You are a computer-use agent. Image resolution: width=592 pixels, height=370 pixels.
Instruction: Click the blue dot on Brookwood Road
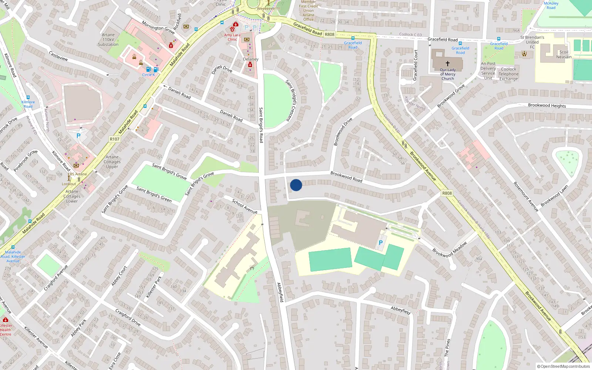(296, 185)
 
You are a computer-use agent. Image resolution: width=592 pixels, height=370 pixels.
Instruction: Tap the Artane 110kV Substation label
(108, 40)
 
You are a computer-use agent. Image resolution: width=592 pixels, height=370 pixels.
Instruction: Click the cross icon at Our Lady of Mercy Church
(448, 64)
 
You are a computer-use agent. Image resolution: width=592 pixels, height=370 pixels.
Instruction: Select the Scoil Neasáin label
(564, 54)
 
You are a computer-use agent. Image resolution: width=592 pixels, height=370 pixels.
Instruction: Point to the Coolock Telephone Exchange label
(508, 74)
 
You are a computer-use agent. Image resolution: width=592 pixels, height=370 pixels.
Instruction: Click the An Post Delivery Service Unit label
(488, 71)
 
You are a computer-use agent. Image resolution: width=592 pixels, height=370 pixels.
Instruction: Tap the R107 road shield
(115, 139)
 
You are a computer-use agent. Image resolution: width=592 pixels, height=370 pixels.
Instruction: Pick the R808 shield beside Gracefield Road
(329, 34)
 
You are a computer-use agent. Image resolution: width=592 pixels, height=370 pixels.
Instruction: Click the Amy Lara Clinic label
(232, 37)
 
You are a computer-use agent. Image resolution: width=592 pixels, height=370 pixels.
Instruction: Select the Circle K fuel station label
(148, 75)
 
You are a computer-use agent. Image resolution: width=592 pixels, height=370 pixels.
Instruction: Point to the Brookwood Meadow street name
(450, 249)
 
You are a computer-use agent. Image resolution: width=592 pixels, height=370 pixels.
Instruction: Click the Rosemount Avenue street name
(526, 196)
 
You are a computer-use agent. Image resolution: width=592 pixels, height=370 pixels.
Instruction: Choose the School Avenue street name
(245, 206)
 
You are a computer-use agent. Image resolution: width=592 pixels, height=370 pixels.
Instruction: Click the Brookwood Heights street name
(547, 105)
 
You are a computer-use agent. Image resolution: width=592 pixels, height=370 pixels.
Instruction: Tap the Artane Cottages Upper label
(112, 162)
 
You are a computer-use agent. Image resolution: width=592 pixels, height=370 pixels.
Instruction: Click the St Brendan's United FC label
(532, 42)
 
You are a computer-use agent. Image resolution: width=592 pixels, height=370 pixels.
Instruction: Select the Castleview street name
(58, 56)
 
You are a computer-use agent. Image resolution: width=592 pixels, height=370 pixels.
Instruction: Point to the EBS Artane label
(77, 174)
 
